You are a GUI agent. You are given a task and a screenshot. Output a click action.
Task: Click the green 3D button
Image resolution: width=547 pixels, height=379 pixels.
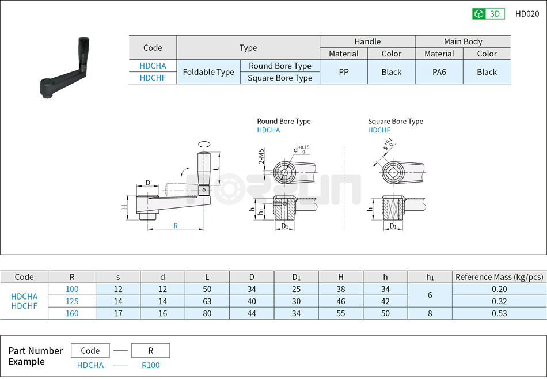pos(488,14)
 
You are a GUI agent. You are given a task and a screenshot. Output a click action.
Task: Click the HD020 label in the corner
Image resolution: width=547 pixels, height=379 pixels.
pos(527,14)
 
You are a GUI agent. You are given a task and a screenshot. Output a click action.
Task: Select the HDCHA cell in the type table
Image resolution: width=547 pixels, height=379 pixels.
pos(153,66)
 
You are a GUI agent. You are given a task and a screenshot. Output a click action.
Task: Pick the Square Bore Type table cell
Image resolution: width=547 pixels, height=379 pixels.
pos(280,78)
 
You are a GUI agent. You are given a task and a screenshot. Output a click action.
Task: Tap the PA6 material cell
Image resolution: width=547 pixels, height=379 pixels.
pos(439,72)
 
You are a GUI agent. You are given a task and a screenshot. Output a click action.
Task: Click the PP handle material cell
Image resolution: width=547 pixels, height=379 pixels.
pos(343,72)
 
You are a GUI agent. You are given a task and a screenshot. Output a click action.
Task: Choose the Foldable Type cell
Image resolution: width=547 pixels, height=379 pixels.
pos(208,72)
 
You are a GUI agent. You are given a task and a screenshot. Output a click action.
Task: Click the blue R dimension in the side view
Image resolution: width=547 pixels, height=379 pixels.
pos(176,226)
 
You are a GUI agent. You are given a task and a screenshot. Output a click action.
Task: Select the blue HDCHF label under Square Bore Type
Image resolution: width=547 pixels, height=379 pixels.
pos(379,130)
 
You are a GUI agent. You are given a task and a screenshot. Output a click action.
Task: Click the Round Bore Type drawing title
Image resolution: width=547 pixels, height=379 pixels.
pos(283,121)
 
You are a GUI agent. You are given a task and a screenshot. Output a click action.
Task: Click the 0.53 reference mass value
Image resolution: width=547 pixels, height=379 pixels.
pos(499,313)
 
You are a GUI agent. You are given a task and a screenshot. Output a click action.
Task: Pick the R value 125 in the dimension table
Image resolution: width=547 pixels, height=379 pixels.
pos(72,301)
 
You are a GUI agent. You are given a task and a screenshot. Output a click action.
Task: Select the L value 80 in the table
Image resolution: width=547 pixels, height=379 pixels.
pos(207,313)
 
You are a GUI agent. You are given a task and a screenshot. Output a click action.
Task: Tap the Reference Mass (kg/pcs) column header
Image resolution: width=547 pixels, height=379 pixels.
pos(499,277)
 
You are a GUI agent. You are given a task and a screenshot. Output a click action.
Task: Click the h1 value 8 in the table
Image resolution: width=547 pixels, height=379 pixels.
pos(430,313)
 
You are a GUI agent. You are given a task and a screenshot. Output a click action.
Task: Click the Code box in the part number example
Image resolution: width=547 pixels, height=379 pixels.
pos(90,350)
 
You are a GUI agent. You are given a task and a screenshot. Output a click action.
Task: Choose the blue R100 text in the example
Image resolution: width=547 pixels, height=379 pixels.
pos(150,365)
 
